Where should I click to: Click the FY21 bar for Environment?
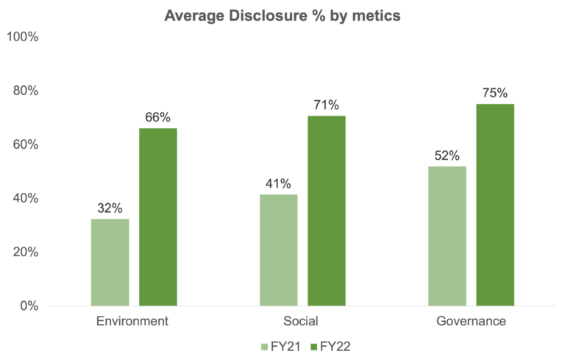110,262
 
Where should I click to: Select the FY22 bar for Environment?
158,216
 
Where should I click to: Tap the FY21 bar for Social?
278,250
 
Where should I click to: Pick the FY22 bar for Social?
327,211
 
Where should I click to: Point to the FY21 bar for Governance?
447,236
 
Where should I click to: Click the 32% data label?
110,208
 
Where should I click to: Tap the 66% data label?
158,117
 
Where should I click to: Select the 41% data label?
278,184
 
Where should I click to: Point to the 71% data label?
327,105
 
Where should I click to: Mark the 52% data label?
447,155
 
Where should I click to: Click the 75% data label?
495,93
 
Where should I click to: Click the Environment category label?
132,322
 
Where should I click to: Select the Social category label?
302,322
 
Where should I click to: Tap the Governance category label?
471,322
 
